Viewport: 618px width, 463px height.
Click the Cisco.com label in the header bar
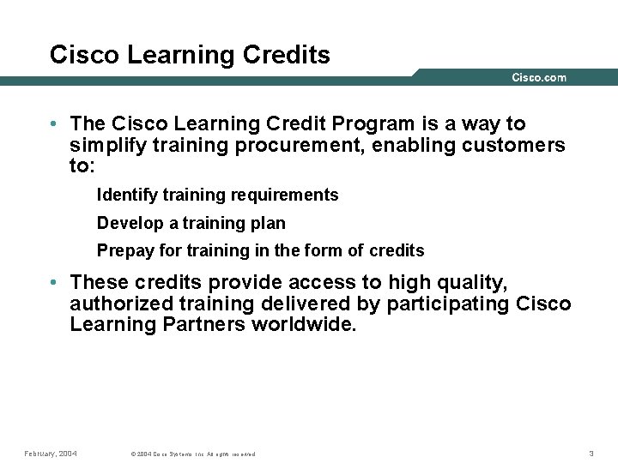(x=539, y=78)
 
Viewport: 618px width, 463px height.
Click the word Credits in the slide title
(x=288, y=55)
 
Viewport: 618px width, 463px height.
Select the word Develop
(x=130, y=224)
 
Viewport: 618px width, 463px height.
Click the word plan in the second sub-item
(x=270, y=224)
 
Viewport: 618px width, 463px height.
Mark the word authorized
(x=121, y=304)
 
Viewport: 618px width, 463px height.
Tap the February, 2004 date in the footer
(x=50, y=453)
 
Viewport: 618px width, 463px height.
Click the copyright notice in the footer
(x=192, y=454)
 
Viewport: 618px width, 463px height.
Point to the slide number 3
(x=591, y=453)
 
